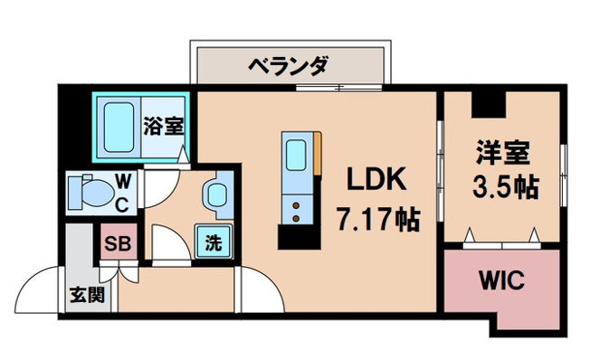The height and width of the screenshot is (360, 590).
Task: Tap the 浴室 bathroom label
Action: point(164,125)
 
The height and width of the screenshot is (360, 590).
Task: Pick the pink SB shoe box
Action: point(115,242)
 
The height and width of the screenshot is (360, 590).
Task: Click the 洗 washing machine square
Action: point(212,242)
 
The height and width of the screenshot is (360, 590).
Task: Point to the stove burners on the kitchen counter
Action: point(297,211)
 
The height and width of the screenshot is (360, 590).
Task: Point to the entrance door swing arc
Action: point(41,287)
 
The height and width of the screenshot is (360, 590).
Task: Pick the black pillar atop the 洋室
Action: point(488,105)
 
